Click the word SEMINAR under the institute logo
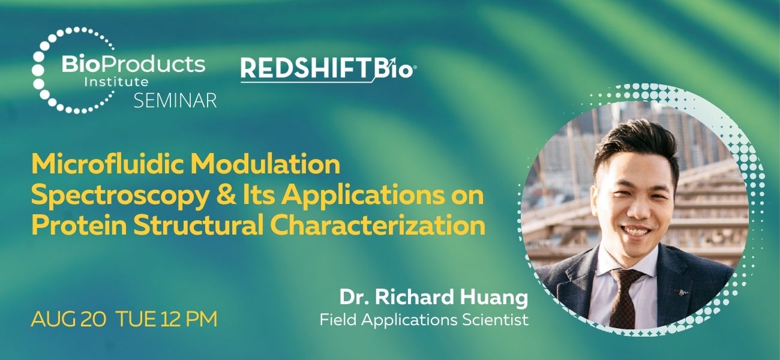coord(175,101)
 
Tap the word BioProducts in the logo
coord(133,64)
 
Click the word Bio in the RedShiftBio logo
coord(394,70)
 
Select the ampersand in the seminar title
coord(213,196)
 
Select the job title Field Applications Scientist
coord(424,319)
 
